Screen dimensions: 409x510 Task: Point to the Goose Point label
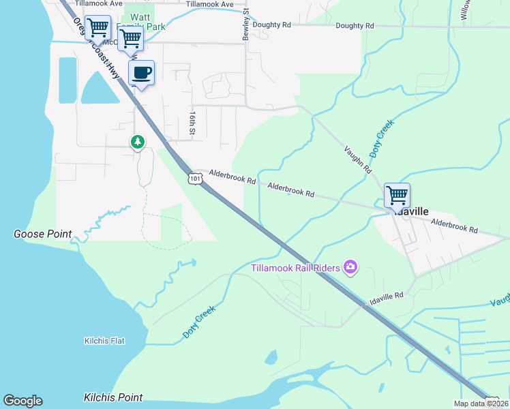[42, 234]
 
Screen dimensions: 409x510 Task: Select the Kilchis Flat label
[104, 341]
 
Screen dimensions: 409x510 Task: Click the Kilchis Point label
[113, 397]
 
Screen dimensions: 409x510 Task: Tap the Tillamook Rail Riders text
[296, 268]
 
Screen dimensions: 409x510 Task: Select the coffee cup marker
[141, 73]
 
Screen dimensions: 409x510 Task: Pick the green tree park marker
[138, 142]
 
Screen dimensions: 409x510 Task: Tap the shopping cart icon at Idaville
[397, 195]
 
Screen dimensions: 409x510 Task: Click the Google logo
[22, 401]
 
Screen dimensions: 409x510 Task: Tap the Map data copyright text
[481, 404]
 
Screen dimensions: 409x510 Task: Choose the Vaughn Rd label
[358, 159]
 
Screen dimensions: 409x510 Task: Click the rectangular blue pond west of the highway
[67, 80]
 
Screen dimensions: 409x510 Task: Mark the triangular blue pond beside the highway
[100, 88]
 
